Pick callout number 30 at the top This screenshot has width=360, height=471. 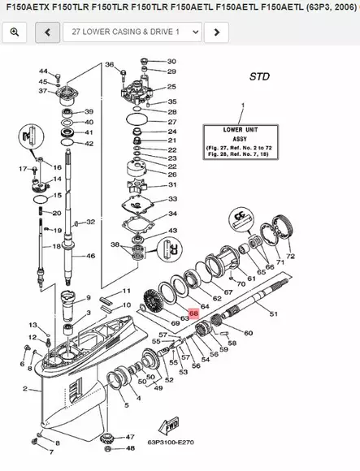point(171,62)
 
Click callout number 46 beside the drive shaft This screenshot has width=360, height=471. point(90,257)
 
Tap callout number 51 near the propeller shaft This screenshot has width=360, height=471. point(272,313)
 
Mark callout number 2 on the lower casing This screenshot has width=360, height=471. point(25,389)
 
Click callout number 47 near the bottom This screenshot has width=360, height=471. point(130,437)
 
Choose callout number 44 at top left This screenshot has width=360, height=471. point(43,72)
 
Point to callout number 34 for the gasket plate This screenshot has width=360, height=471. point(171,214)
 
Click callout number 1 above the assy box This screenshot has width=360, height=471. point(241,106)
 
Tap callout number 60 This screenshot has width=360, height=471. point(248,333)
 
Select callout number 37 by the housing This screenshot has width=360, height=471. point(43,91)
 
